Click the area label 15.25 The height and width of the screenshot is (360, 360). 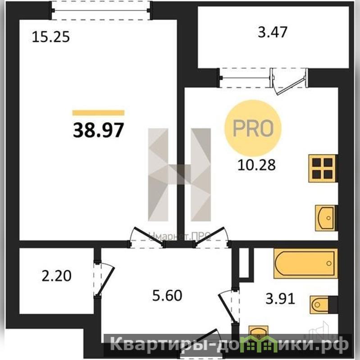coord(51,37)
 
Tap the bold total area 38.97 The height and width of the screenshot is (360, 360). coord(99,130)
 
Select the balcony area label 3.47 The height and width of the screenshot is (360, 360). coord(273,32)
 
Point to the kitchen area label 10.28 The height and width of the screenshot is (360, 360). coord(256,165)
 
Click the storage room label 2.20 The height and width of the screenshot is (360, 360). coord(56,276)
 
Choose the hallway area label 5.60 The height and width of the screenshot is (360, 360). coord(167,296)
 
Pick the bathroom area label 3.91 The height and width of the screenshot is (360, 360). coord(280,299)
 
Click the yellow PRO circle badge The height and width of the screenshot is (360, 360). coord(253,128)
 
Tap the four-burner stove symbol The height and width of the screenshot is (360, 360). coord(322,169)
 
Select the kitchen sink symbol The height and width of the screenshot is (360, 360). coord(325,218)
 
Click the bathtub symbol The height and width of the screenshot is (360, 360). coord(305,263)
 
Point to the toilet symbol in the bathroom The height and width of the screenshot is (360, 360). coord(319,305)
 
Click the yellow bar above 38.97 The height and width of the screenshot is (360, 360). coord(99,113)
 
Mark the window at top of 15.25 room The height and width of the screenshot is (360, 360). coord(100,10)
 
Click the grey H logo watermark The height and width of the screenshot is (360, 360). coord(179,174)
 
